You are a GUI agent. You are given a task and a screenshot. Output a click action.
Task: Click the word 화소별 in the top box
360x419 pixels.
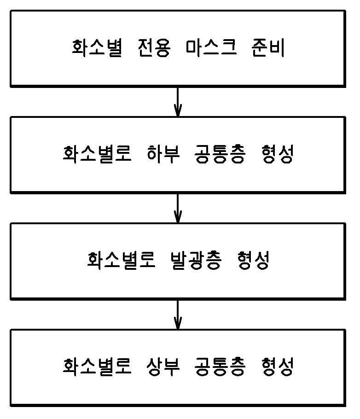pos(97,48)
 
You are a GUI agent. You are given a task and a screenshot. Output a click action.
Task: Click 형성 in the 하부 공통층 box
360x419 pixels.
pos(277,154)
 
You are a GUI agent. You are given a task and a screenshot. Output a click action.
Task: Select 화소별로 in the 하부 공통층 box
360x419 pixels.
pos(97,154)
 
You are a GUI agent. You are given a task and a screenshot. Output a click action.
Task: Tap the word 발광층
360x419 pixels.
pos(193,261)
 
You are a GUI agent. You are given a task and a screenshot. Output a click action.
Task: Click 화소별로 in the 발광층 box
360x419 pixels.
pos(122,261)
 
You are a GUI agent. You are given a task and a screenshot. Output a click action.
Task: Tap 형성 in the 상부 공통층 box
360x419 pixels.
pos(277,367)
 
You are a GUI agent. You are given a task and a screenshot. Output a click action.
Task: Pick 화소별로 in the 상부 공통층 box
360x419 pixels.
pos(97,367)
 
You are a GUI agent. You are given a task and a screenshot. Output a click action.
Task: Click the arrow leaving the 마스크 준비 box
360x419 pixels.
pos(178,101)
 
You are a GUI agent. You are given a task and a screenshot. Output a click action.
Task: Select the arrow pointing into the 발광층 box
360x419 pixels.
pos(178,208)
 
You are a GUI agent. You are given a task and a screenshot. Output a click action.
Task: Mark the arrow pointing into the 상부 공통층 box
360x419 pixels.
pos(178,314)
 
